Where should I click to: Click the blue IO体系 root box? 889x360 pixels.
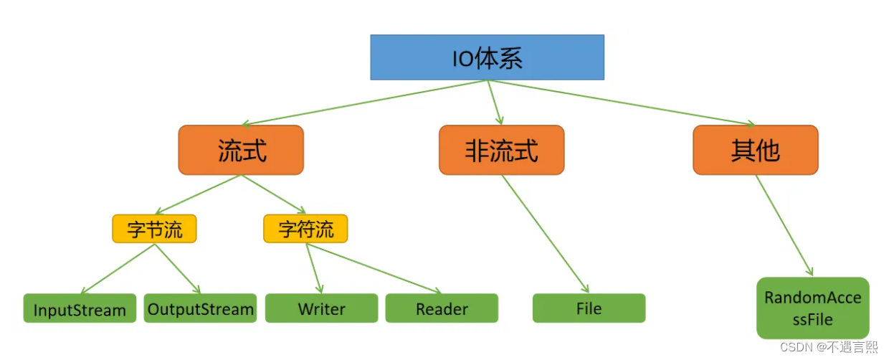(487, 57)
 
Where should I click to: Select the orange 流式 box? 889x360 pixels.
(241, 150)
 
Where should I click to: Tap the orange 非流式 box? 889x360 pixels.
(501, 150)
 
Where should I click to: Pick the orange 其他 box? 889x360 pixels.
(755, 150)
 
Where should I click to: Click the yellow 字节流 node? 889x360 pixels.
(154, 229)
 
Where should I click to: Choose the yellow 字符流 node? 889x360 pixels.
(305, 229)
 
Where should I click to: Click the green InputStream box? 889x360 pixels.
(80, 309)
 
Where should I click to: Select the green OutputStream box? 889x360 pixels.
(200, 309)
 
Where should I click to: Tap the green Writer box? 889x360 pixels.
(321, 308)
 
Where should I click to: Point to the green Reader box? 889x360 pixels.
(442, 308)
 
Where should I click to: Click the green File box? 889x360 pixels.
(589, 308)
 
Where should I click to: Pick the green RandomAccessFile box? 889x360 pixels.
(812, 308)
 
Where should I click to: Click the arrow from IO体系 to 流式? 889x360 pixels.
(366, 103)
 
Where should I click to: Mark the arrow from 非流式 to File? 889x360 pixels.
(545, 234)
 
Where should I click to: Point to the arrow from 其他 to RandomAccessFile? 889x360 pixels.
(784, 225)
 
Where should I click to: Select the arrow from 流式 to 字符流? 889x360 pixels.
(273, 194)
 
